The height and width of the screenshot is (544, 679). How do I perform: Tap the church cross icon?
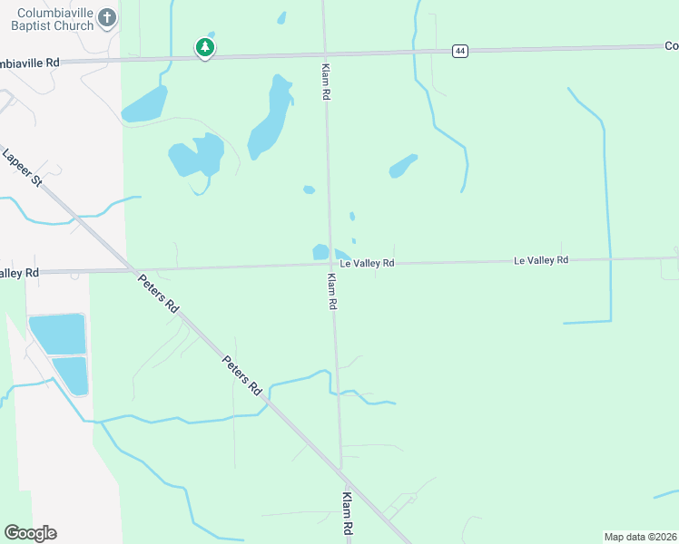(x=107, y=17)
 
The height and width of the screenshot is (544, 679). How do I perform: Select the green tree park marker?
(x=205, y=47)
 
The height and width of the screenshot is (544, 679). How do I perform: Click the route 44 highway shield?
(x=461, y=51)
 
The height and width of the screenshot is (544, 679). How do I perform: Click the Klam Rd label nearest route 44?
(x=324, y=82)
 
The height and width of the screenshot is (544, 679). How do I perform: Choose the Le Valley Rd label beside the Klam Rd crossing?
(x=368, y=263)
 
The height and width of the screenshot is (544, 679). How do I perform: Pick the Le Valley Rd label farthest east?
(x=541, y=260)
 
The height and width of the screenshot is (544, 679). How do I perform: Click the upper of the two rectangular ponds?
(x=58, y=334)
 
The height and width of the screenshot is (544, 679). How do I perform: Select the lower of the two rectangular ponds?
(x=71, y=374)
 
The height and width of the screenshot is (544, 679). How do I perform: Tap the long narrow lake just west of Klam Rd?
(x=271, y=116)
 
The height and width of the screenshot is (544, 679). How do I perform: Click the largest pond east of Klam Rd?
(x=402, y=166)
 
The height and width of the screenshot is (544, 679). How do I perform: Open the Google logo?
(x=30, y=533)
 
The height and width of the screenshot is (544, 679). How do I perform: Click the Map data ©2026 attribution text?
(x=641, y=537)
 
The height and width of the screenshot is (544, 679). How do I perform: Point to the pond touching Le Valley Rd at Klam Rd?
(x=320, y=252)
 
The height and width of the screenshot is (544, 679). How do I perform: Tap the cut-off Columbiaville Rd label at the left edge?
(x=29, y=63)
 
